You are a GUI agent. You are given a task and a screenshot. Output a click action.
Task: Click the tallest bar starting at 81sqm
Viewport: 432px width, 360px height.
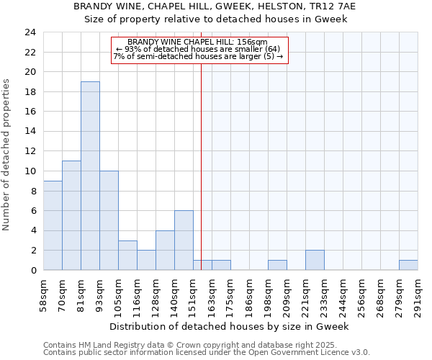(x=90, y=176)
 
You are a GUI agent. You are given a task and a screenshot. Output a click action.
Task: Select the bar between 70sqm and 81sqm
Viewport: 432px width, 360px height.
(x=71, y=215)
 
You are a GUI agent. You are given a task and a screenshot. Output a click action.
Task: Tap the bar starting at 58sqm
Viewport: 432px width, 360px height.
(x=53, y=225)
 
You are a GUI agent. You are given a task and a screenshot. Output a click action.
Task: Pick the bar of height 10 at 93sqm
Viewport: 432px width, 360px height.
(x=109, y=220)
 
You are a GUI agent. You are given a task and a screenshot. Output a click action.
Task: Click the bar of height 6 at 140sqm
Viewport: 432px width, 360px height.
(x=184, y=240)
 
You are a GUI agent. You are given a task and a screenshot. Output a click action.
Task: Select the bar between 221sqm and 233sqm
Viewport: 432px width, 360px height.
(x=315, y=260)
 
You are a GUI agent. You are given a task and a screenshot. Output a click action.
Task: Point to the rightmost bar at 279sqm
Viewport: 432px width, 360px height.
(x=408, y=265)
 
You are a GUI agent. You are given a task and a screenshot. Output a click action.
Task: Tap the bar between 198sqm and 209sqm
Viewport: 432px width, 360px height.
(x=277, y=265)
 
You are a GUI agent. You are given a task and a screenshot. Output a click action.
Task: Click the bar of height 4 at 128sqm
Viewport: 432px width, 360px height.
(x=165, y=250)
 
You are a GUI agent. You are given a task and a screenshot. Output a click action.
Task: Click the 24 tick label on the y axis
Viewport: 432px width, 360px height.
(x=30, y=32)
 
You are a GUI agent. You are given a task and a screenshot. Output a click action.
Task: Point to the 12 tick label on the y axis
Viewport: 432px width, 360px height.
(x=30, y=151)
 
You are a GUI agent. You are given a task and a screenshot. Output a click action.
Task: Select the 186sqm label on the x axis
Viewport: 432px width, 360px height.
(x=249, y=294)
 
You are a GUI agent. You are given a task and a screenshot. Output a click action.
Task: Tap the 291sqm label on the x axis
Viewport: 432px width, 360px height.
(x=418, y=294)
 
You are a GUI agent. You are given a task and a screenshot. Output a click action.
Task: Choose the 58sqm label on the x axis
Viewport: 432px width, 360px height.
(x=43, y=294)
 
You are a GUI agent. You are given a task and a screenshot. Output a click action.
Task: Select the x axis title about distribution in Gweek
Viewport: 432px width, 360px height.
(x=230, y=326)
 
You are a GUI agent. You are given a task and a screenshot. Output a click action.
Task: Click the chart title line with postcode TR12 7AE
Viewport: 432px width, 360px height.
(x=215, y=6)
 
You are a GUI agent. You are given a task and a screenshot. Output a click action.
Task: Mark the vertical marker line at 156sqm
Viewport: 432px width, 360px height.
(x=201, y=166)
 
